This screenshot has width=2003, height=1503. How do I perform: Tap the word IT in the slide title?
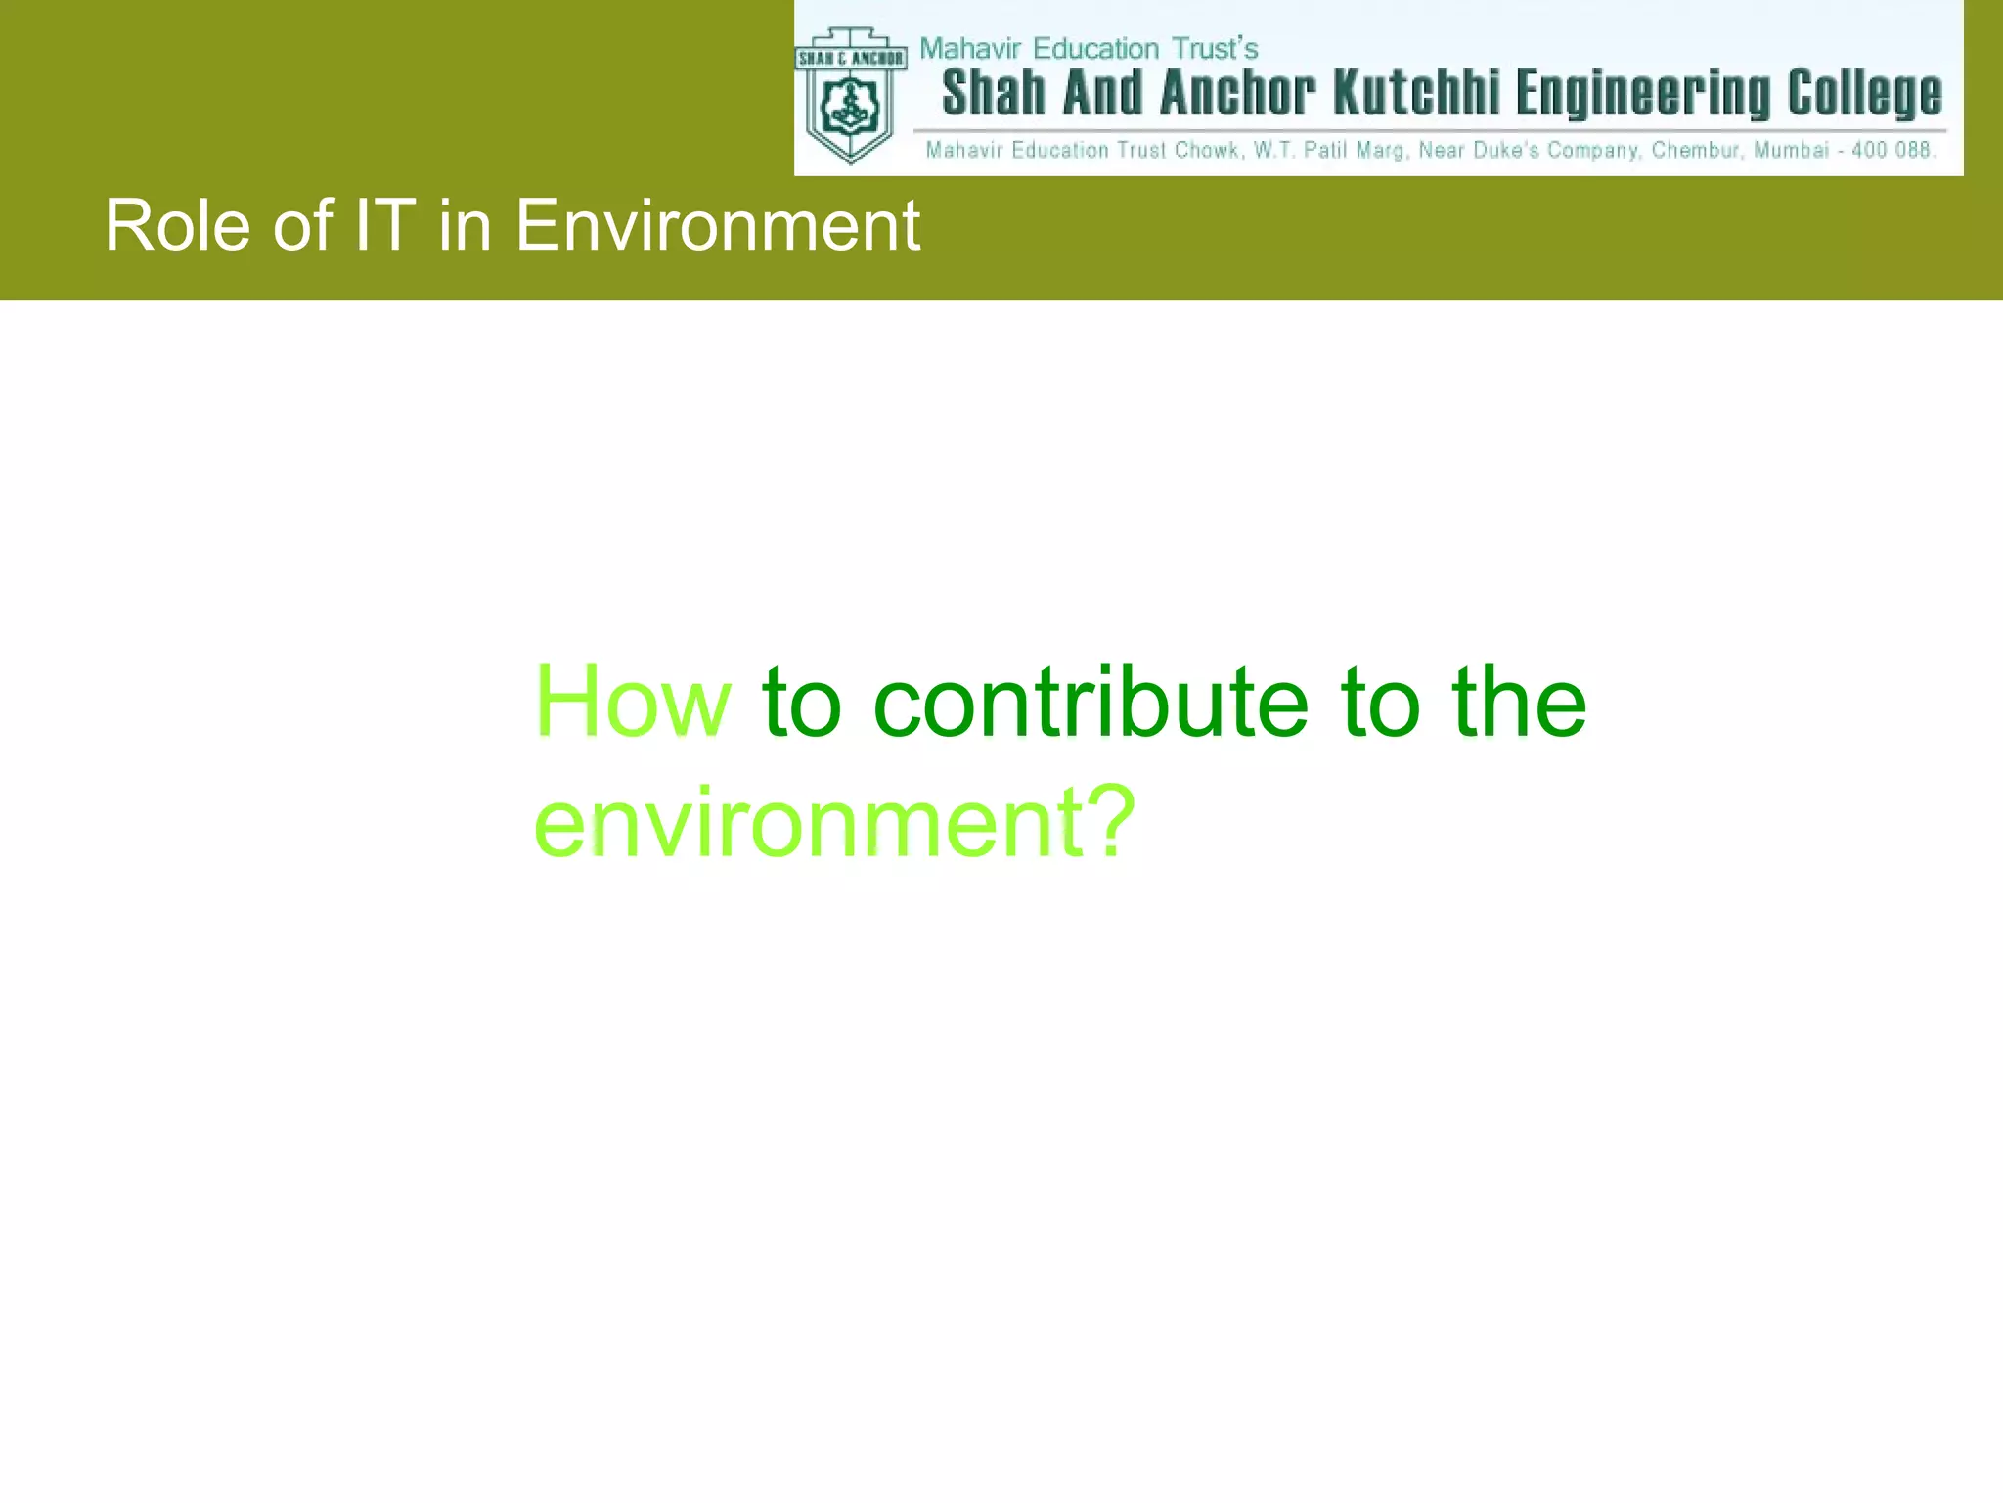[384, 226]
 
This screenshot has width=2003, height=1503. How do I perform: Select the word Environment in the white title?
[717, 226]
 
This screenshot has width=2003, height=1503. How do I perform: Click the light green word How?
[632, 702]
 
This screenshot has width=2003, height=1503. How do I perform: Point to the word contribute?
[1090, 702]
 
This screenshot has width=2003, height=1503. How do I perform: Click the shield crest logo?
[850, 96]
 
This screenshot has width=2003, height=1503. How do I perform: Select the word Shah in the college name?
[994, 94]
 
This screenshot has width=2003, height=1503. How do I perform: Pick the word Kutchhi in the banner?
[1416, 94]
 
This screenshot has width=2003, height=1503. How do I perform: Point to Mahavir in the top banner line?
[970, 48]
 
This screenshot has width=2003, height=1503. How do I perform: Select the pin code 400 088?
[1892, 150]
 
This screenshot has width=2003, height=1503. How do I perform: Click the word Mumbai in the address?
[1790, 150]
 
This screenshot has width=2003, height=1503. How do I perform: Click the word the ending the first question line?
[1519, 702]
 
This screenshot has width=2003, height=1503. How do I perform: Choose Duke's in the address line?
[1506, 150]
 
